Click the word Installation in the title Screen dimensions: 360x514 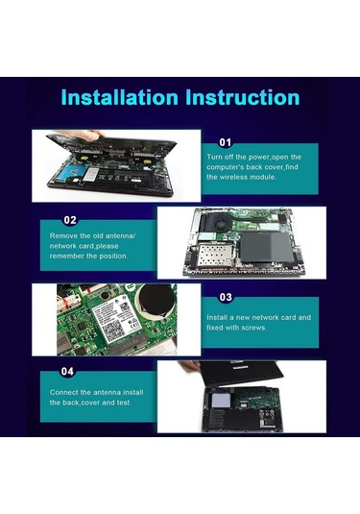pyautogui.click(x=119, y=97)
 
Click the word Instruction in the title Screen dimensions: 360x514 pyautogui.click(x=243, y=97)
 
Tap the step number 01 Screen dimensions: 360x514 pyautogui.click(x=225, y=142)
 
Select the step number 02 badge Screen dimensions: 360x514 pyautogui.click(x=70, y=220)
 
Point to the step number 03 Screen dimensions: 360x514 pyautogui.click(x=226, y=297)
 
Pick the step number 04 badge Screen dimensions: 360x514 pyautogui.click(x=67, y=371)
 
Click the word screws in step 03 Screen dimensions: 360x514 pyautogui.click(x=253, y=328)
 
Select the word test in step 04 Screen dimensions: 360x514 pyautogui.click(x=125, y=403)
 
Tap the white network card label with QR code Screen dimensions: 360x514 pyautogui.click(x=116, y=322)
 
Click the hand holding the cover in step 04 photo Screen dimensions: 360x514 pyautogui.click(x=189, y=365)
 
